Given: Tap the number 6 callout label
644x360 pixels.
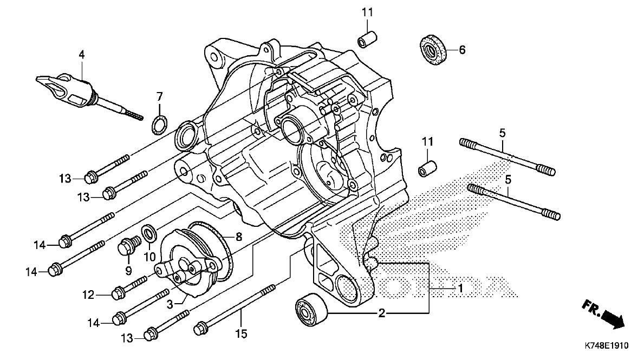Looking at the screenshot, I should pyautogui.click(x=462, y=50).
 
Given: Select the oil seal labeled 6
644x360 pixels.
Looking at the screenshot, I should pyautogui.click(x=433, y=50).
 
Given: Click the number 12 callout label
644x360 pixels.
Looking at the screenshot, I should pyautogui.click(x=88, y=295).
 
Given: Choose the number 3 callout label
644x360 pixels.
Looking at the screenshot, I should pyautogui.click(x=170, y=305).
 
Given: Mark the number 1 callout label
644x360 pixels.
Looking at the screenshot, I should pyautogui.click(x=460, y=288).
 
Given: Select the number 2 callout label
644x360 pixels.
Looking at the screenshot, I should pyautogui.click(x=381, y=313).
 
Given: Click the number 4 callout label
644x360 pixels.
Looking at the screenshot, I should pyautogui.click(x=81, y=54).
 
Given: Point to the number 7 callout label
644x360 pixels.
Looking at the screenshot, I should pyautogui.click(x=159, y=97).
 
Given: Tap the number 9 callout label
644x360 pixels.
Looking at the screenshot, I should pyautogui.click(x=128, y=269).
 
